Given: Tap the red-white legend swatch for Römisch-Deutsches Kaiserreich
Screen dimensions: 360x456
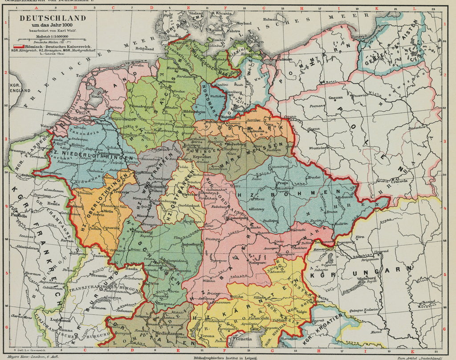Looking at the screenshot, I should (18, 46).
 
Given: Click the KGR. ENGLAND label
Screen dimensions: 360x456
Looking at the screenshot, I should (19, 87).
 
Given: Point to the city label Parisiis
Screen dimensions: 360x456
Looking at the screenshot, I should (20, 215).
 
